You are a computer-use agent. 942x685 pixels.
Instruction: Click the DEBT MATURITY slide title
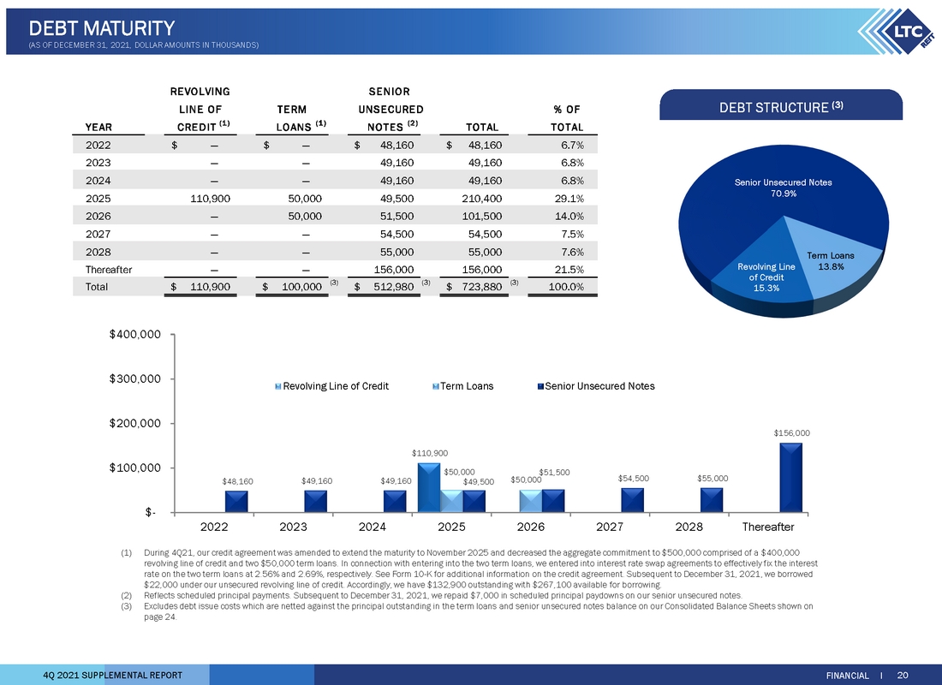click(x=102, y=28)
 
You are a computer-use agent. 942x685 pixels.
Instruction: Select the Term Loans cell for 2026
click(x=305, y=217)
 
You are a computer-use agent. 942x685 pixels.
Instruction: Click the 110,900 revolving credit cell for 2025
click(x=211, y=199)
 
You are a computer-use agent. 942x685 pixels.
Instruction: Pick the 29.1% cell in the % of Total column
click(x=569, y=199)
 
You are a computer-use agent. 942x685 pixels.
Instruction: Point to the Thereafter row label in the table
click(x=109, y=270)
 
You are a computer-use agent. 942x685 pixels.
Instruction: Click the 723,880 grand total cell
click(x=474, y=287)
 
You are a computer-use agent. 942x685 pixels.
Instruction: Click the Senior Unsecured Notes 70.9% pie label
click(x=784, y=188)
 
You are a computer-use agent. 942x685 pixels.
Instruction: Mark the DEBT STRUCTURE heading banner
click(x=781, y=105)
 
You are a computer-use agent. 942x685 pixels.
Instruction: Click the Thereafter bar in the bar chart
click(x=790, y=478)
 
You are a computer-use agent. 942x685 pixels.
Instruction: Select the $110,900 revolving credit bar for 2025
click(x=429, y=488)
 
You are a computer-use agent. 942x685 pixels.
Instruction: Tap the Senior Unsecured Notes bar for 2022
click(x=236, y=502)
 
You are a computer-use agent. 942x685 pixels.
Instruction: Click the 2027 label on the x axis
click(x=610, y=527)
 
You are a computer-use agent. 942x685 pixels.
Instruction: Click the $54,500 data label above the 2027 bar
click(x=633, y=479)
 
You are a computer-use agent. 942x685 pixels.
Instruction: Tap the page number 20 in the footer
click(x=903, y=676)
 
